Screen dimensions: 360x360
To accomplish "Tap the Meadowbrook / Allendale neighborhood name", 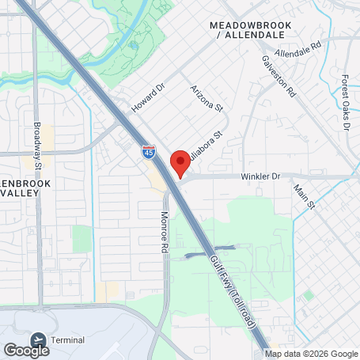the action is [251, 31].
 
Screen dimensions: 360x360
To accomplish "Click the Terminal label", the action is [67, 339].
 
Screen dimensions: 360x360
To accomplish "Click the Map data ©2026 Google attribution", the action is [311, 354].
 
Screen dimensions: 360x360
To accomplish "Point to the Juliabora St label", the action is [208, 149].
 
